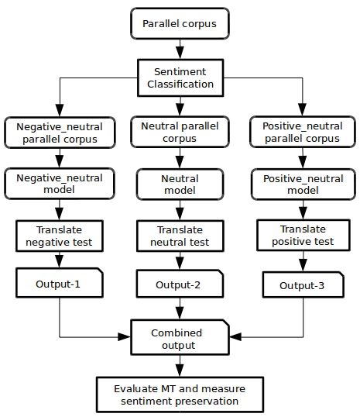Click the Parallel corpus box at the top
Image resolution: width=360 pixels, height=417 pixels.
coord(180,23)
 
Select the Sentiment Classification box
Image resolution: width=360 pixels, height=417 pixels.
coord(180,78)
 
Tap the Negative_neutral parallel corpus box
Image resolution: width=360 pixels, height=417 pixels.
coord(60,133)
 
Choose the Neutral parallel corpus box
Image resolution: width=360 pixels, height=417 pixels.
coord(180,132)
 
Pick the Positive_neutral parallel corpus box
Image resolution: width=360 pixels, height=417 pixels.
coord(303,132)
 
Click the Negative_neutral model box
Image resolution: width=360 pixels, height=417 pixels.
coord(60,184)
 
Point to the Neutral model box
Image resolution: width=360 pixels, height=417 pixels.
coord(180,184)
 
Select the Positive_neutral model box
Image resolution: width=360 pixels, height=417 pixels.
coord(303,184)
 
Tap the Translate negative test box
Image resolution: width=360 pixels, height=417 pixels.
coord(60,236)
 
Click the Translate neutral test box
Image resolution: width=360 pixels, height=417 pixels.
coord(180,236)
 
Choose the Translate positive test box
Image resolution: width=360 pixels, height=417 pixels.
coord(303,235)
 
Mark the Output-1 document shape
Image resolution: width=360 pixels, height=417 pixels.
coord(60,283)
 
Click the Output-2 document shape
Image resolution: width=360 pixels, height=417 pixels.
coord(180,284)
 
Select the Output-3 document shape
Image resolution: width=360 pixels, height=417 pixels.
coord(303,284)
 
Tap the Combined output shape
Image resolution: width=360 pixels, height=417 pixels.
coord(180,337)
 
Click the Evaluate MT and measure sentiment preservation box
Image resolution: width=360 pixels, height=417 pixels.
coord(180,395)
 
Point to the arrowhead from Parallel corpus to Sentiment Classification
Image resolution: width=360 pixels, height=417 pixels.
coord(180,53)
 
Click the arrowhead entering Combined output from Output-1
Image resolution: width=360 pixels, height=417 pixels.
coord(124,336)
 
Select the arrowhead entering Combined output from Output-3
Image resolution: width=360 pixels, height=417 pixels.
coord(235,336)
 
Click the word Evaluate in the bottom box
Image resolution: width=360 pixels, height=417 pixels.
coord(135,389)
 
